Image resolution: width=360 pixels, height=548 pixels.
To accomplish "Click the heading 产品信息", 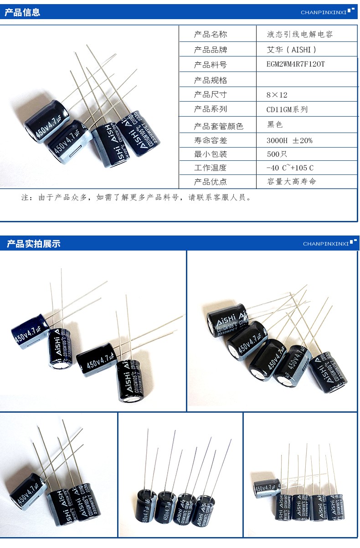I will (x=22, y=13).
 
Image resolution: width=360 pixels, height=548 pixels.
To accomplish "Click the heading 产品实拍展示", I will (x=33, y=244).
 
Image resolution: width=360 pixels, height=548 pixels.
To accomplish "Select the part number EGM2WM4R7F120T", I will (x=296, y=64).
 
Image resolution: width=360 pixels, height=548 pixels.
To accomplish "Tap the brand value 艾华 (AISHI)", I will (x=291, y=49).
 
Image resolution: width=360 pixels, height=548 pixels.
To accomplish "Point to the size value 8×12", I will (x=277, y=95).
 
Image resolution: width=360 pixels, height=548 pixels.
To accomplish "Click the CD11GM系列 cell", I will (x=287, y=109).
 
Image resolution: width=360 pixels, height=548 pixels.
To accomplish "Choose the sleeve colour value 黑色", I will (x=275, y=124).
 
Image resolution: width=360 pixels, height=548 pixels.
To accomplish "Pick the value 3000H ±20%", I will (x=289, y=140).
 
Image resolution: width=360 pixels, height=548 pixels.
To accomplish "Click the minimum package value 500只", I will (x=277, y=154).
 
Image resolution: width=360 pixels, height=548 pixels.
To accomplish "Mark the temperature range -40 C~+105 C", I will (x=290, y=168).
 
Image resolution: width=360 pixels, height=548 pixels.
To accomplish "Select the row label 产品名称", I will (x=210, y=34).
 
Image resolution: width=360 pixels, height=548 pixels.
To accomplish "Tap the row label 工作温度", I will (x=210, y=168).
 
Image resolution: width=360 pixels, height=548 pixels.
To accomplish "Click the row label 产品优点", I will (x=210, y=181).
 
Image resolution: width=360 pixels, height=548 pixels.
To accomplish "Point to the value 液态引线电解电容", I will (x=300, y=34).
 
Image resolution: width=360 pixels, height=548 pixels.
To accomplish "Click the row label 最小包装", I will (x=210, y=154).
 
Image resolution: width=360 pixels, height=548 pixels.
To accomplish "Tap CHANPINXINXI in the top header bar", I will (x=324, y=12).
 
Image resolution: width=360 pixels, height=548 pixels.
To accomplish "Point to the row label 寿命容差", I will (x=210, y=140).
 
